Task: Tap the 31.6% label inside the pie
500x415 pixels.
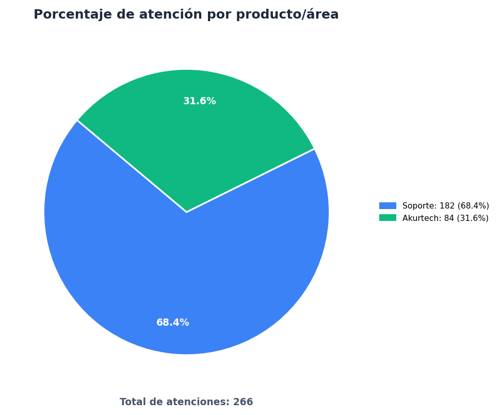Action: point(200,101)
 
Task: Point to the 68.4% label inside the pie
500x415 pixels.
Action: point(172,323)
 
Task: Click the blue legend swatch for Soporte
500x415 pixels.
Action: point(388,206)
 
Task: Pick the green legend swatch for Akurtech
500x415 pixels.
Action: point(388,217)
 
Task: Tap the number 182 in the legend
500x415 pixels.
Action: point(447,206)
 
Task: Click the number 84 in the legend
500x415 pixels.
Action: point(449,218)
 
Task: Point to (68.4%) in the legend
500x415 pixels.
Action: point(473,206)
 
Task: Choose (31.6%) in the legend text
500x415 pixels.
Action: point(473,218)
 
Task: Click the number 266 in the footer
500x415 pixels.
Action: point(243,402)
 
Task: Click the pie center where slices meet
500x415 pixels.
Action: point(187,212)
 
